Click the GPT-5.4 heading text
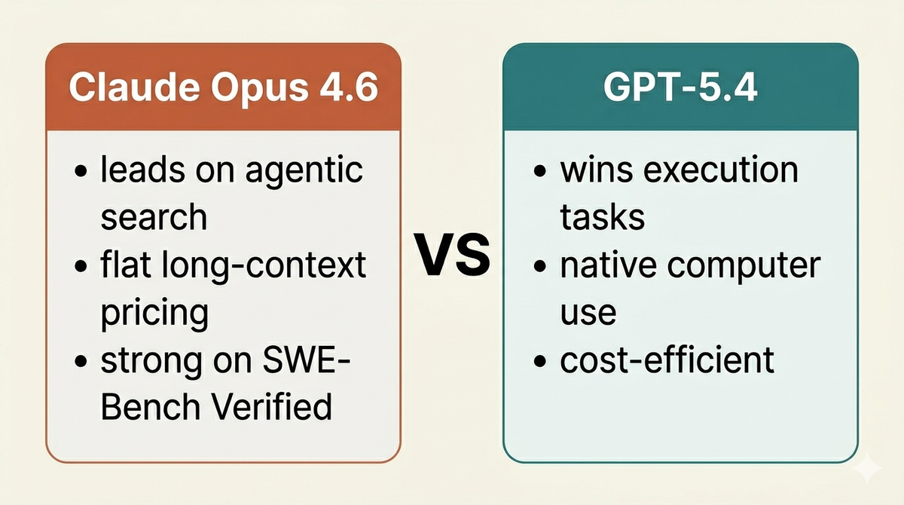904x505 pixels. click(x=680, y=87)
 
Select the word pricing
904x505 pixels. click(x=154, y=312)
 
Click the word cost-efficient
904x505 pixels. click(x=667, y=360)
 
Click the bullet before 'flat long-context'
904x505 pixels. click(x=82, y=267)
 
